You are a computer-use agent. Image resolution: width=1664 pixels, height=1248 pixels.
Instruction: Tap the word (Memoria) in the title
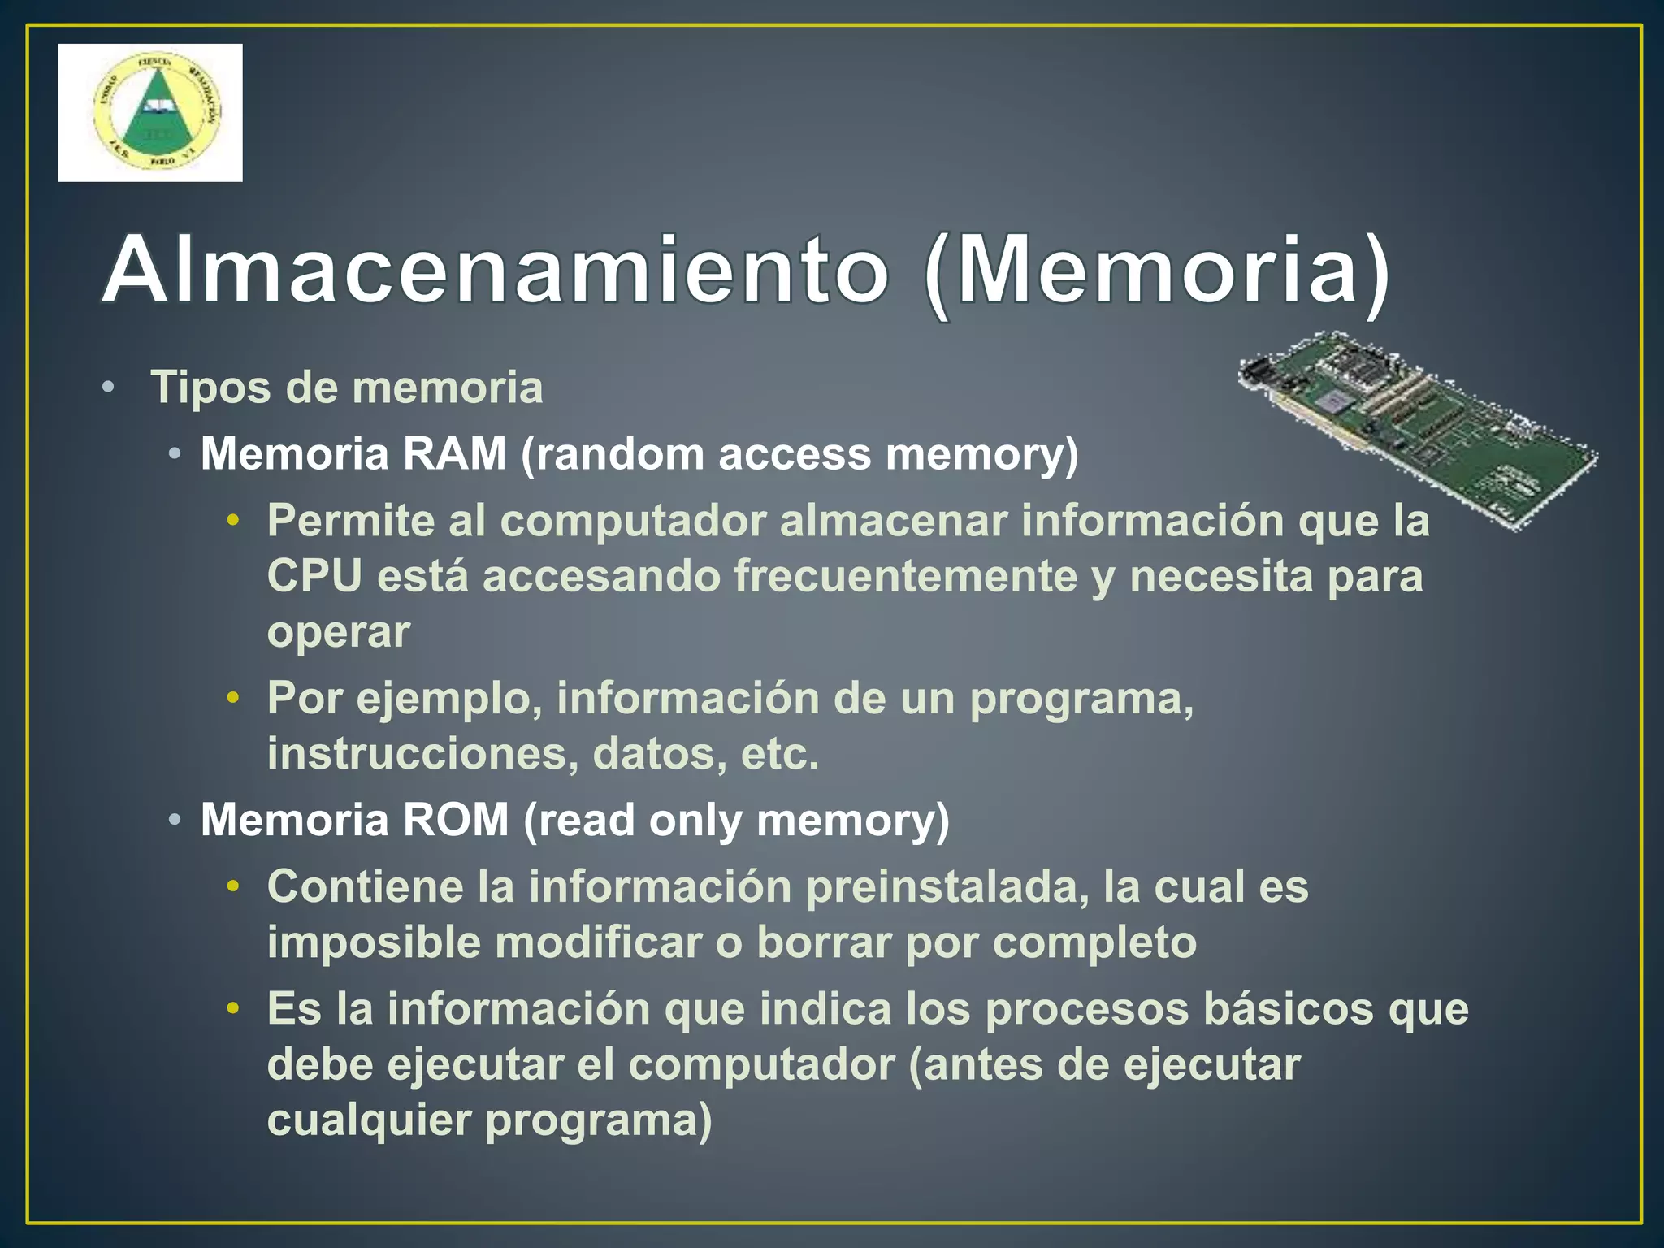coord(1157,270)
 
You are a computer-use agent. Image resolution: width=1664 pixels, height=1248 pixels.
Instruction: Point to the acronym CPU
coord(314,576)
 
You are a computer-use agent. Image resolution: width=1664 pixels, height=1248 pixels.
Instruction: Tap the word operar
coord(338,632)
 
